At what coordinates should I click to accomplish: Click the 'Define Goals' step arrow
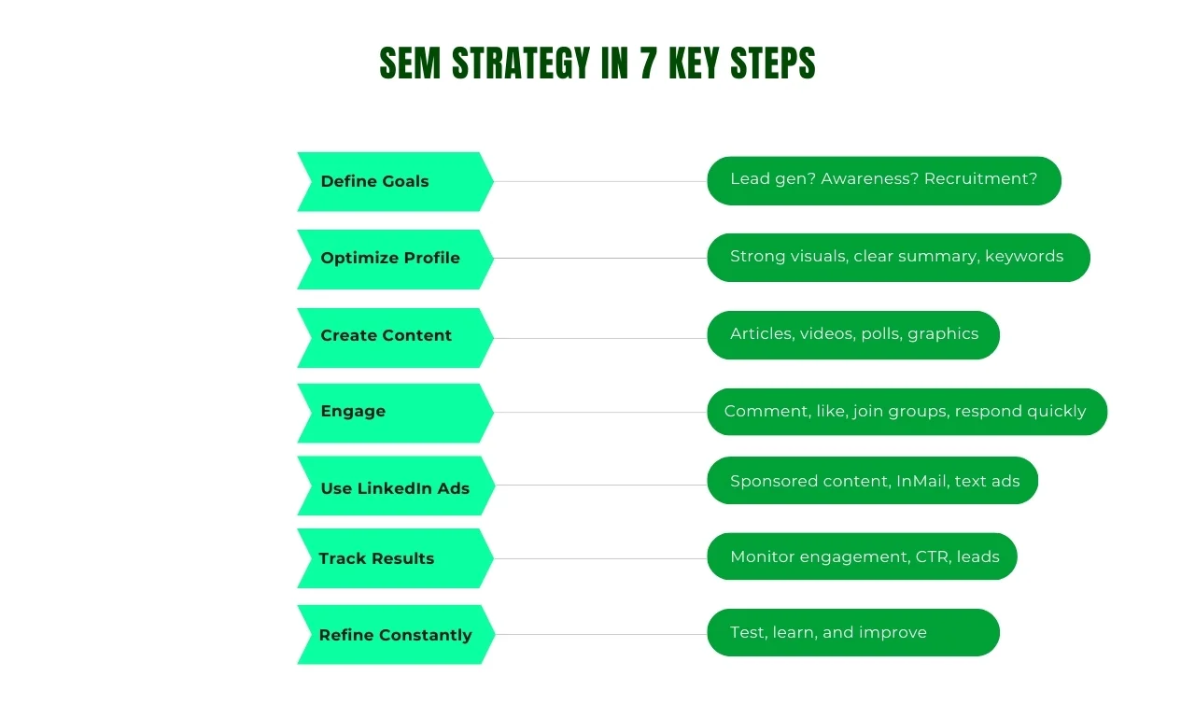(x=396, y=181)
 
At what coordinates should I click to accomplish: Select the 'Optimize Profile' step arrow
(x=396, y=260)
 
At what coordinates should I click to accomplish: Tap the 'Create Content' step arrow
(x=396, y=338)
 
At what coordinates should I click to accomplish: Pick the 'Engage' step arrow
(x=396, y=413)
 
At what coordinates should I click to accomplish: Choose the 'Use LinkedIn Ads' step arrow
(x=396, y=486)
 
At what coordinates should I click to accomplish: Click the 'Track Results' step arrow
(x=396, y=558)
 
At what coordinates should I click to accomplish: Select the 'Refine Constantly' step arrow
(x=396, y=634)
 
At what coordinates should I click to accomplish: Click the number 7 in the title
(x=648, y=63)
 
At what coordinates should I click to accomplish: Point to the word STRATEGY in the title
(x=521, y=63)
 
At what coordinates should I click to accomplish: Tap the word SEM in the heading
(x=410, y=63)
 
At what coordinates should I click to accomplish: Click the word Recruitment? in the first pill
(x=980, y=178)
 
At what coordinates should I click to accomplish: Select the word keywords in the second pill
(x=1024, y=256)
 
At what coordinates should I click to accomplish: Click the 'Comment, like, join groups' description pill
(x=907, y=412)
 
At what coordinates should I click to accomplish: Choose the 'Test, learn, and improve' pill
(x=853, y=633)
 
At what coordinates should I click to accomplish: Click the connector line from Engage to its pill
(x=600, y=412)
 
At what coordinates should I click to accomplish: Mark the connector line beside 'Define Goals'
(x=600, y=181)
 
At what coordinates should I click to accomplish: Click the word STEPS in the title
(x=773, y=63)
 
